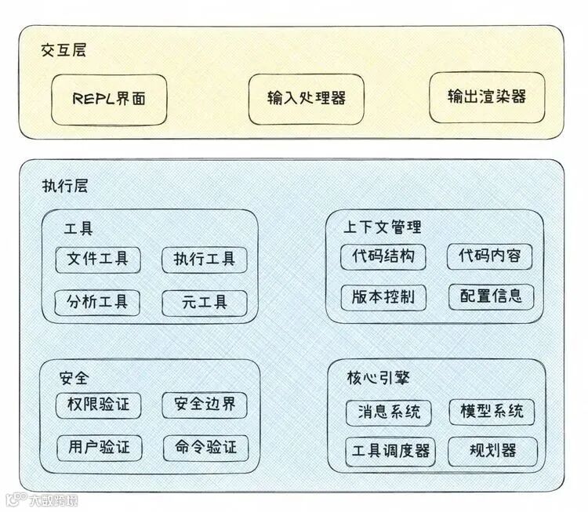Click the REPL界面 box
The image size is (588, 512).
pyautogui.click(x=109, y=100)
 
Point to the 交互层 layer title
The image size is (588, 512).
pyautogui.click(x=64, y=51)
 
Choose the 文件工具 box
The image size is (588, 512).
pyautogui.click(x=98, y=260)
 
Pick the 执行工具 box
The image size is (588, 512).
pyautogui.click(x=204, y=260)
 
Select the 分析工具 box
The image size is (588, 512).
pyautogui.click(x=98, y=302)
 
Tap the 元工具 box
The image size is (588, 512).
pyautogui.click(x=204, y=302)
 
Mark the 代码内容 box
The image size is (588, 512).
pyautogui.click(x=489, y=256)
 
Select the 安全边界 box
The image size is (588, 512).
pyautogui.click(x=205, y=405)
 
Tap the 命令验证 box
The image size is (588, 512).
pyautogui.click(x=205, y=448)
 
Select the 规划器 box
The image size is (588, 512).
pyautogui.click(x=492, y=451)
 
